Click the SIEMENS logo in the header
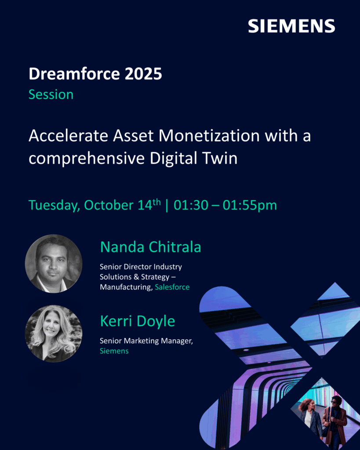pyautogui.click(x=291, y=26)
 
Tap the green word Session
pyautogui.click(x=51, y=94)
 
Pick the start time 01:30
pyautogui.click(x=191, y=205)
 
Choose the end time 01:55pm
pyautogui.click(x=250, y=206)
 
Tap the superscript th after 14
pyautogui.click(x=156, y=202)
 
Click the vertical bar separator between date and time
pyautogui.click(x=167, y=206)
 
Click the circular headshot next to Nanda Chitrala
pyautogui.click(x=54, y=264)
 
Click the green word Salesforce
pyautogui.click(x=172, y=287)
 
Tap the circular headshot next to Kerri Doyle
pyautogui.click(x=54, y=334)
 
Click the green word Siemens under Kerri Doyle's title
pyautogui.click(x=114, y=351)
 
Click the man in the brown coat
pyautogui.click(x=333, y=420)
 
